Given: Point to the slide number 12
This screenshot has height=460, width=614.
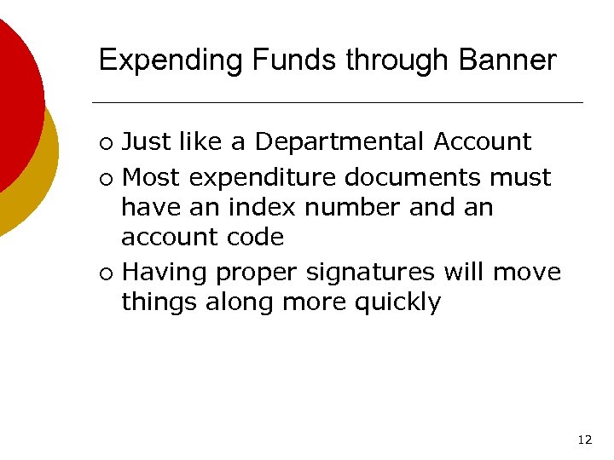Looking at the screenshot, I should (x=584, y=440).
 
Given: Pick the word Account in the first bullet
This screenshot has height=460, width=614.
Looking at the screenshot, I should (x=483, y=141).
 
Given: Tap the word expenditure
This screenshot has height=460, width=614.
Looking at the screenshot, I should (x=262, y=178).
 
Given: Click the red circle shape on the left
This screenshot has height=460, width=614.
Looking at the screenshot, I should (x=17, y=102).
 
